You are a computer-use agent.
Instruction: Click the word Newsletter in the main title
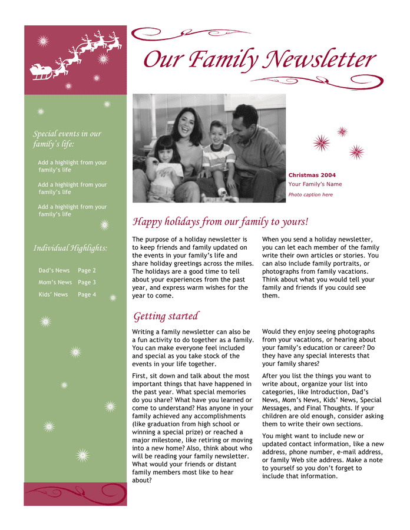322,60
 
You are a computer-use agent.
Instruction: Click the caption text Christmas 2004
312,175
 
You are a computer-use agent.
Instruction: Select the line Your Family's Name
315,184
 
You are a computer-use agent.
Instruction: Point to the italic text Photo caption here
310,194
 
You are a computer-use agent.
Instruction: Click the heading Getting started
166,316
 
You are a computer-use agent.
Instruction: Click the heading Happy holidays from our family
220,222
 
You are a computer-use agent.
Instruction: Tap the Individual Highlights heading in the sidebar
70,248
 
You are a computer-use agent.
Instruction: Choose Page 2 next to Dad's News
87,270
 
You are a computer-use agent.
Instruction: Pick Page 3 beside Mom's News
87,282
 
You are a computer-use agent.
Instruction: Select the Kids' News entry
53,294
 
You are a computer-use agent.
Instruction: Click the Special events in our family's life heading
67,138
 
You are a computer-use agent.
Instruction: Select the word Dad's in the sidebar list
46,270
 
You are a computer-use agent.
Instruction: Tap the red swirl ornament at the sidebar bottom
75,493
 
